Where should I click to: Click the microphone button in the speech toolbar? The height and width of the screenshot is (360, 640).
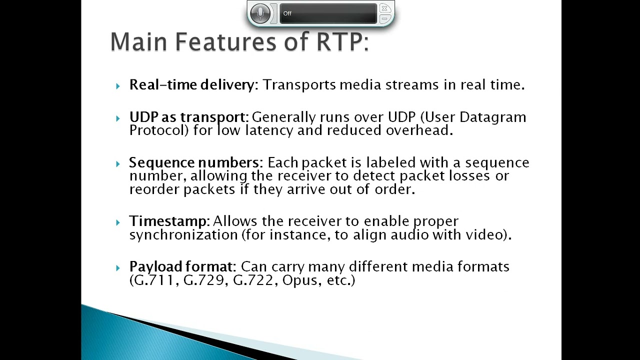260,13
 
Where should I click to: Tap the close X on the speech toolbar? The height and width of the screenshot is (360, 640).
384,8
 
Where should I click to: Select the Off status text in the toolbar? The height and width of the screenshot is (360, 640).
287,13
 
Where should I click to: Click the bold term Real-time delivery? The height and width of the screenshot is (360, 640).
191,84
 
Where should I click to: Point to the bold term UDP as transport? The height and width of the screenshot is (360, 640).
187,117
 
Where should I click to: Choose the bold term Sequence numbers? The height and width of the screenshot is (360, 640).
193,162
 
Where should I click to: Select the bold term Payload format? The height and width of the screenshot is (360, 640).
180,266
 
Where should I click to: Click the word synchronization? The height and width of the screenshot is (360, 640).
183,234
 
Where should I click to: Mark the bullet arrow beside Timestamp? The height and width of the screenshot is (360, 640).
117,222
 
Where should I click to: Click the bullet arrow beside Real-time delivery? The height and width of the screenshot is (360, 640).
117,86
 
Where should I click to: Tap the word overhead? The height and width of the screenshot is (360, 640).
419,130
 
